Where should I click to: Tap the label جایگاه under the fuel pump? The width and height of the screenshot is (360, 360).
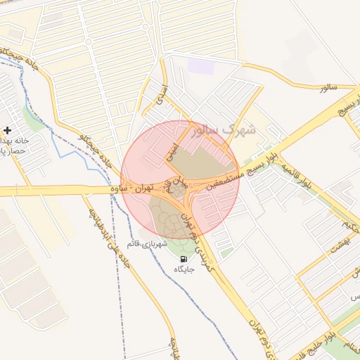[x=183, y=269]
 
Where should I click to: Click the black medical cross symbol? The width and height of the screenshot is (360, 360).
[x=7, y=129]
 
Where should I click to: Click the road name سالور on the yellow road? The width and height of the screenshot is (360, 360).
[x=328, y=88]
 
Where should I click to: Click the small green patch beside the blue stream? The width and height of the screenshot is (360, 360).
[x=32, y=117]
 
